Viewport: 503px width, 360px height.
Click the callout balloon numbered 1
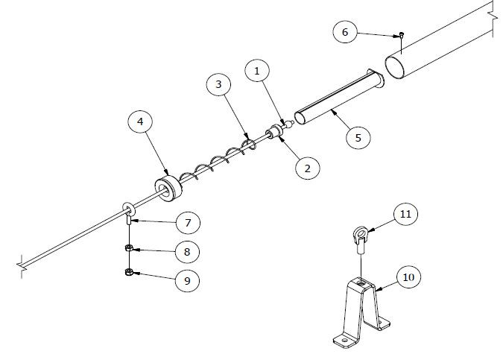(x=257, y=72)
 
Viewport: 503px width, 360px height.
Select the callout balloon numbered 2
(x=307, y=168)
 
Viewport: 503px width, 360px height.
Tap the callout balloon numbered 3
(x=218, y=86)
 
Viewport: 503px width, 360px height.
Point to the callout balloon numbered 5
(x=358, y=138)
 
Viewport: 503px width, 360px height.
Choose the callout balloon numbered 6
(x=344, y=32)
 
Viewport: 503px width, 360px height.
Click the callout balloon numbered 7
(x=188, y=222)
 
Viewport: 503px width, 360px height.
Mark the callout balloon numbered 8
(x=188, y=252)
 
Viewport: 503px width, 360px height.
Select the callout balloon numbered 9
(x=188, y=281)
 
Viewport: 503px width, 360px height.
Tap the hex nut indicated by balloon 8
(x=129, y=248)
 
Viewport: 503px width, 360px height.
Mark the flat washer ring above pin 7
(x=127, y=206)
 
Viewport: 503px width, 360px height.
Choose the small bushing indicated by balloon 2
(x=273, y=133)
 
